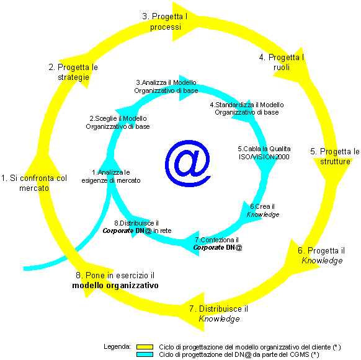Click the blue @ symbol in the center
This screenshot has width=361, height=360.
tap(188, 163)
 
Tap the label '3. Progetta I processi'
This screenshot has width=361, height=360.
tap(165, 22)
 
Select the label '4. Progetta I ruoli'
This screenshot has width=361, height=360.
tap(282, 62)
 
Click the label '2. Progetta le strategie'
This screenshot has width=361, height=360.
tap(73, 72)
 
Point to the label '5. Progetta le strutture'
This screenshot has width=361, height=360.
tap(335, 156)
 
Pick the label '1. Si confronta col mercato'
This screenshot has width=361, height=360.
tap(34, 183)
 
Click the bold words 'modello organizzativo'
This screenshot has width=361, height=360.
tap(115, 286)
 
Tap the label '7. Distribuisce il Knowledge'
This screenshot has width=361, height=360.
tap(219, 314)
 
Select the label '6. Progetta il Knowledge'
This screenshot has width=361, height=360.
tap(321, 255)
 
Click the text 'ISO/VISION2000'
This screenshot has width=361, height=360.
tap(264, 157)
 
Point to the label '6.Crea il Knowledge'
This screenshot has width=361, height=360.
tap(263, 211)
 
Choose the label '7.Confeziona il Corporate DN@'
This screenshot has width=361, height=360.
tap(218, 244)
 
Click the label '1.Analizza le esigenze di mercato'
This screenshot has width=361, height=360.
tap(111, 177)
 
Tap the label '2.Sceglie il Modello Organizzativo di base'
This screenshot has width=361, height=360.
tap(118, 123)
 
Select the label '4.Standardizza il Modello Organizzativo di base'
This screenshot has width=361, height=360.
tap(247, 108)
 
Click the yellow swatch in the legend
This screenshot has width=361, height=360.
tap(145, 347)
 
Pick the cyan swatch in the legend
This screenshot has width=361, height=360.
tap(145, 354)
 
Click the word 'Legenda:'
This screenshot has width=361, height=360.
tap(117, 346)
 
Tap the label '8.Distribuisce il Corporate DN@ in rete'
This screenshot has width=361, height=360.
tap(137, 227)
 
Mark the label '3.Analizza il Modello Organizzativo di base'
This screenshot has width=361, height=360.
tap(166, 87)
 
